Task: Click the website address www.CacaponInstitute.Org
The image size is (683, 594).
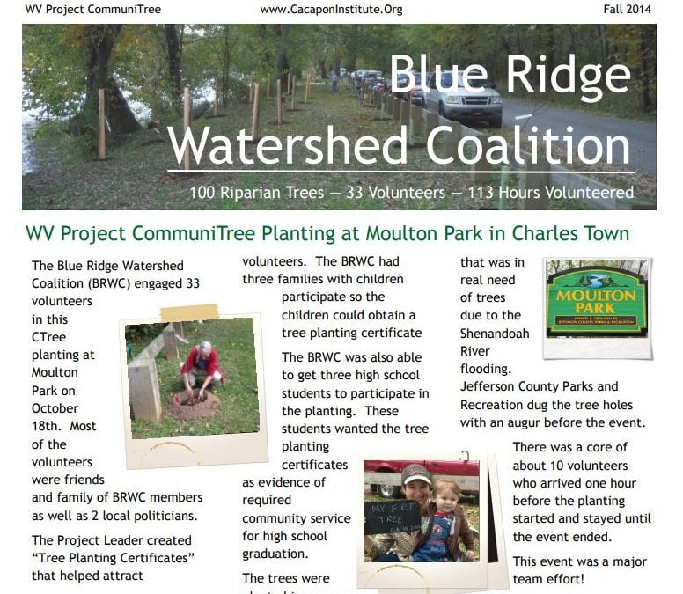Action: (x=331, y=10)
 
